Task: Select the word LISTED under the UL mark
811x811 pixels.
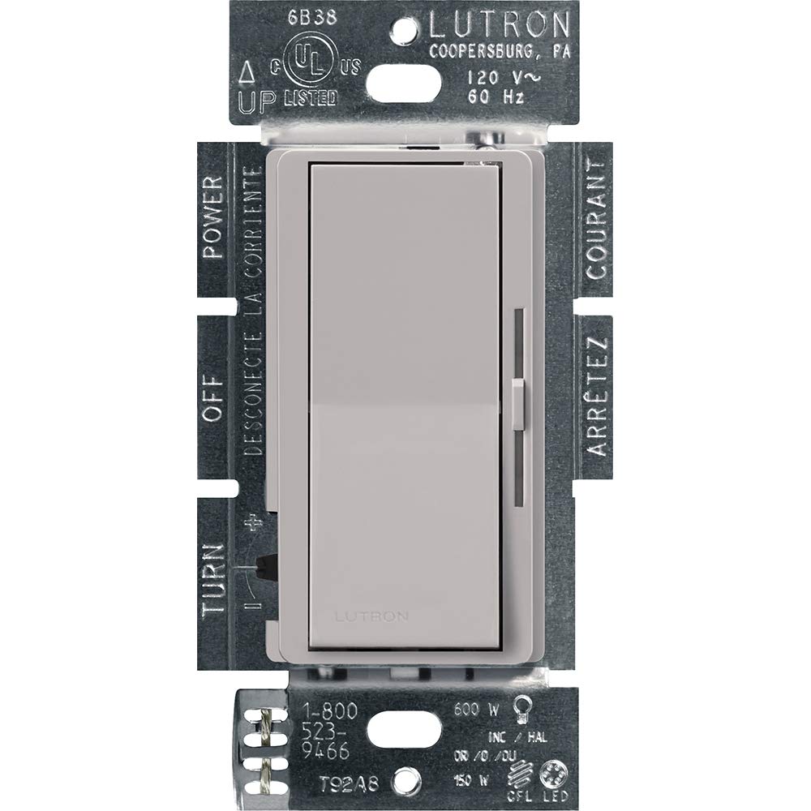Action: [x=311, y=98]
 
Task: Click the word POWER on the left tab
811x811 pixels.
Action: [x=213, y=217]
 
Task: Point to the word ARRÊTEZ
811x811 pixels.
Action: [x=596, y=397]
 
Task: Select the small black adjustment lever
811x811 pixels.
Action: [x=264, y=566]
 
